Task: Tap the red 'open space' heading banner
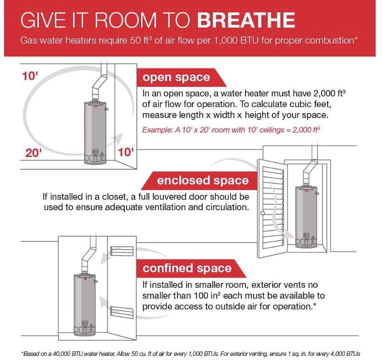tap(176, 77)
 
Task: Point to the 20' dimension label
tap(33, 153)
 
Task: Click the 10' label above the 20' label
tap(30, 76)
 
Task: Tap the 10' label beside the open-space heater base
tap(126, 152)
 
